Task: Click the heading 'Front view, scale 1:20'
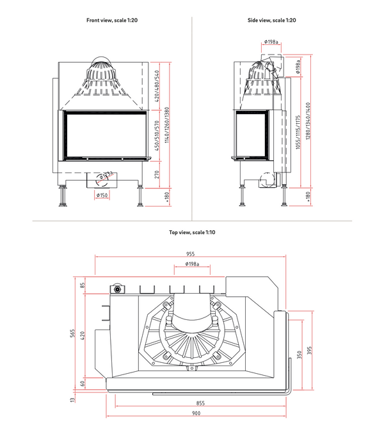click(x=112, y=21)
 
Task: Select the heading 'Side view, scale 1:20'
click(x=271, y=21)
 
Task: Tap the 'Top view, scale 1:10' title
click(x=192, y=232)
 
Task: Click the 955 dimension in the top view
click(x=191, y=254)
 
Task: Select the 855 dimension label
click(x=200, y=403)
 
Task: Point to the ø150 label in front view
click(x=102, y=195)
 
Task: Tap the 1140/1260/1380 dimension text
click(x=168, y=126)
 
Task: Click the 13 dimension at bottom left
click(x=73, y=400)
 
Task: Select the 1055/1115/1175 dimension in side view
click(x=298, y=131)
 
